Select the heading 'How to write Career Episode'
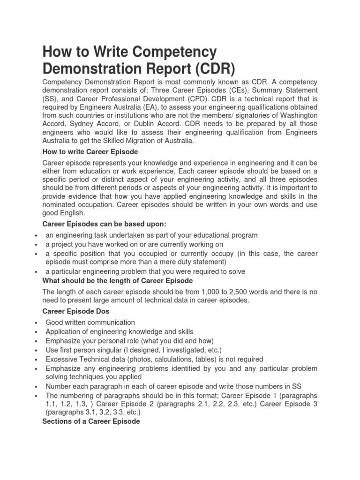tap(90, 151)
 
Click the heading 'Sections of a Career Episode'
tap(91, 421)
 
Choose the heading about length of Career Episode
tap(117, 281)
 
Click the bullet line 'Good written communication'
tap(90, 322)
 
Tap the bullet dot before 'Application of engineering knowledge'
tap(36, 332)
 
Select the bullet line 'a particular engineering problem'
tap(145, 271)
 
